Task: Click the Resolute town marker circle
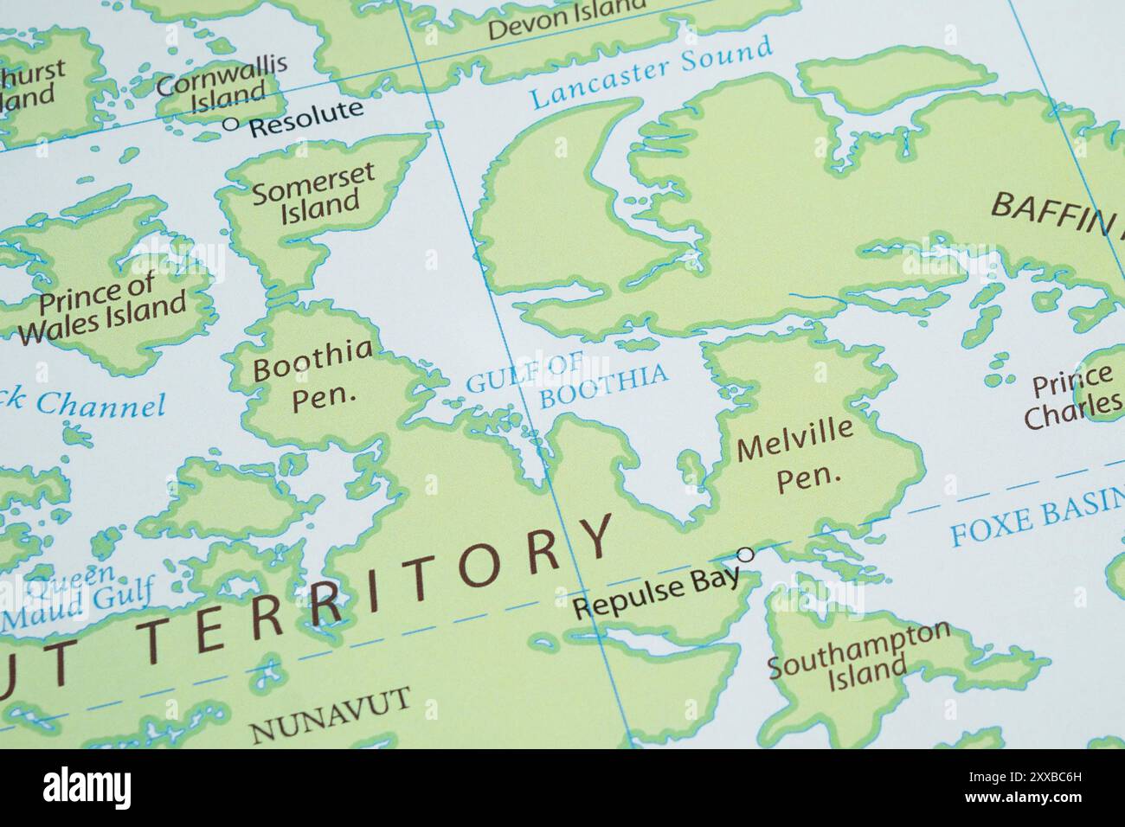click(230, 124)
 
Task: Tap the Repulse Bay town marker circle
click(745, 554)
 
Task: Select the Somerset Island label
click(313, 188)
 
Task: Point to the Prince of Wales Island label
click(102, 307)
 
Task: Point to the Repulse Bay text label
click(658, 593)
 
